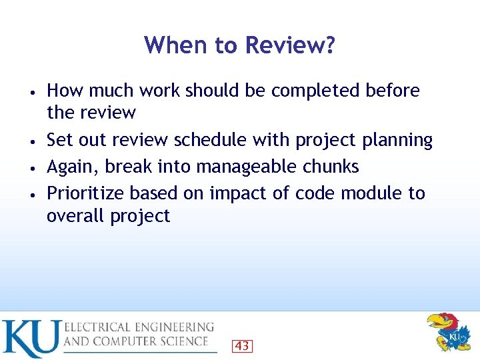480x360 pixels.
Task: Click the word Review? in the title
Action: [x=291, y=46]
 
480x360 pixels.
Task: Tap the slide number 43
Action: [x=243, y=346]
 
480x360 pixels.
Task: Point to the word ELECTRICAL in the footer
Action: [x=97, y=327]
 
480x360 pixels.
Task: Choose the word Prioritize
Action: [x=85, y=193]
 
